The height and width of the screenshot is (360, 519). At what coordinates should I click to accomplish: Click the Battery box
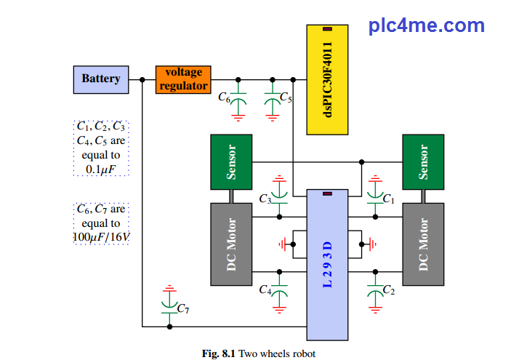(x=101, y=79)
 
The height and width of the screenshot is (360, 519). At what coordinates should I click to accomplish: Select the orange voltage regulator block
(x=183, y=79)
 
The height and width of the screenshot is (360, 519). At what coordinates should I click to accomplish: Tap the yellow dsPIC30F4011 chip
(x=327, y=79)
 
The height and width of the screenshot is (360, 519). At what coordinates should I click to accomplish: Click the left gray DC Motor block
(x=231, y=244)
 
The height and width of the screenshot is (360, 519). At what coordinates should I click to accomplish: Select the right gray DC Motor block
(x=424, y=244)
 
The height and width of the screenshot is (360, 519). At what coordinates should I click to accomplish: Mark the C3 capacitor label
(x=265, y=199)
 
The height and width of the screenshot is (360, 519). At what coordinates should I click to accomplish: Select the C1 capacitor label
(x=388, y=198)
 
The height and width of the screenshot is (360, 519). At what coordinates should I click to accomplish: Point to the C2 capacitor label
(x=388, y=290)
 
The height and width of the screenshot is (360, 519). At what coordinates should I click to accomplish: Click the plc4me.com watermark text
(x=426, y=25)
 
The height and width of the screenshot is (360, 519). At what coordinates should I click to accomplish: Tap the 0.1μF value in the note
(x=101, y=169)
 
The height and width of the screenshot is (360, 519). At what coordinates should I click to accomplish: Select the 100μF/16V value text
(x=101, y=238)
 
